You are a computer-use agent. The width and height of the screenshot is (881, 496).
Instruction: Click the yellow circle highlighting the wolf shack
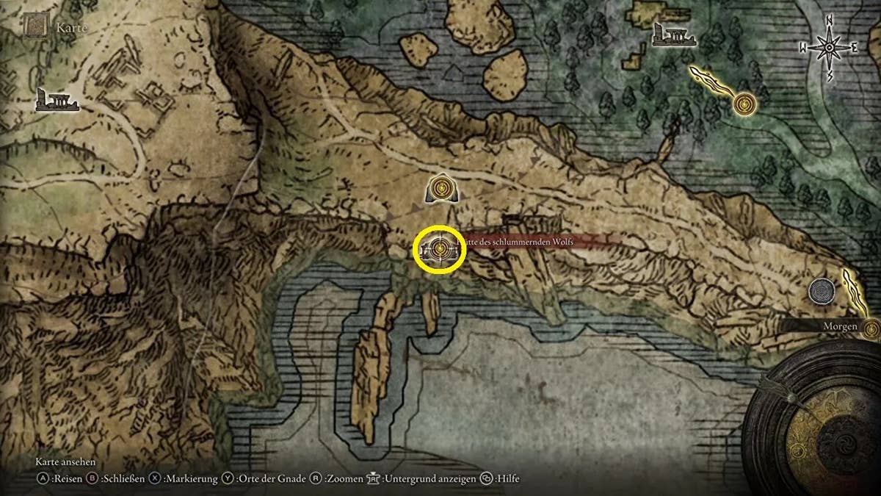point(440,250)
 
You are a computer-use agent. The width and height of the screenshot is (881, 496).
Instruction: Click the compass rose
point(829,48)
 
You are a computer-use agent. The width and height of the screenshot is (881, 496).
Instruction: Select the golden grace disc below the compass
point(746,104)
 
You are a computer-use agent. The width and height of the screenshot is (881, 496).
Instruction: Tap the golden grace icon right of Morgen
point(872,328)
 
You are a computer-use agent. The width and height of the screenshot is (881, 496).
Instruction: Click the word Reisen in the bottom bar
point(65,479)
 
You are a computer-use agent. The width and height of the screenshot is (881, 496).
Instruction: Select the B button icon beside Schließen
point(93,479)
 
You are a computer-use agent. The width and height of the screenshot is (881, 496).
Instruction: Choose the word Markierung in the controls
point(191,479)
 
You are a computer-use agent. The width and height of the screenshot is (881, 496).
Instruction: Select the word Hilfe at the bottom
point(507,479)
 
